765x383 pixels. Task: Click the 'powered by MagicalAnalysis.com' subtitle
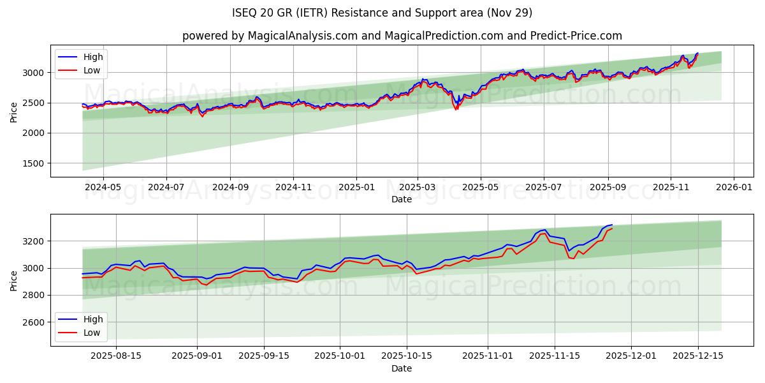click(402, 36)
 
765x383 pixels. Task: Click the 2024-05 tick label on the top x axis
click(103, 188)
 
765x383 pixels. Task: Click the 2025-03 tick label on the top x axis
click(418, 188)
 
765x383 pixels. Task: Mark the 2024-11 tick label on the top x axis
click(293, 188)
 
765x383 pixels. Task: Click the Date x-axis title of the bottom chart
click(402, 368)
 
